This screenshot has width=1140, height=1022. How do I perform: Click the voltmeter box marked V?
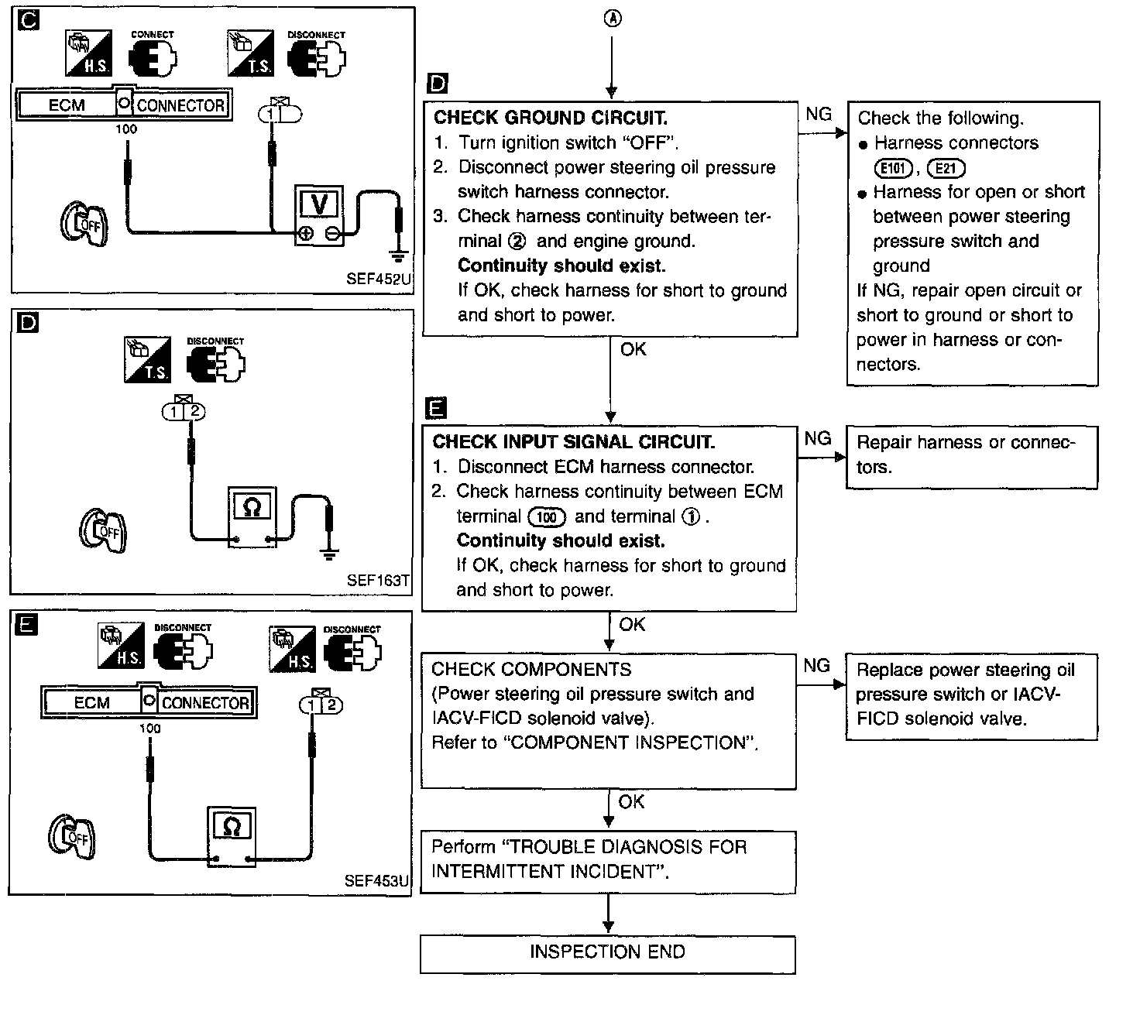point(318,215)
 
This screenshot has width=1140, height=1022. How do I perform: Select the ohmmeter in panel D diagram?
point(252,517)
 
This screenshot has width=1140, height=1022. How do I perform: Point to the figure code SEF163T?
point(378,580)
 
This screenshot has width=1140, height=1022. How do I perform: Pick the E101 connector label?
point(893,168)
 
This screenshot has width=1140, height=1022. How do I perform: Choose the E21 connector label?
point(946,168)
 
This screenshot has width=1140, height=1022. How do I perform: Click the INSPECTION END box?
point(607,953)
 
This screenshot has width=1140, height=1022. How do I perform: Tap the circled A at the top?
point(612,19)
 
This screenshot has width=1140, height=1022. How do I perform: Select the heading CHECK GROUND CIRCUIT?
point(550,118)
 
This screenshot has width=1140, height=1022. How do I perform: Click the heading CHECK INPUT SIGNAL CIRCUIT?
point(573,442)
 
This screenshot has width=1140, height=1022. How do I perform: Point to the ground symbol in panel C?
point(399,253)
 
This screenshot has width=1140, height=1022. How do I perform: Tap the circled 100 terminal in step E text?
point(546,517)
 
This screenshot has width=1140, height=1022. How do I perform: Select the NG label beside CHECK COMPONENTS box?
point(817,666)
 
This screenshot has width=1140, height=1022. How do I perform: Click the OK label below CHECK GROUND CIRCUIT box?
point(633,349)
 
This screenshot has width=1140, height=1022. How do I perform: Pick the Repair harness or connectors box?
point(971,456)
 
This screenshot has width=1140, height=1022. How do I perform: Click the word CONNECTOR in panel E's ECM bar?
point(205,703)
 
